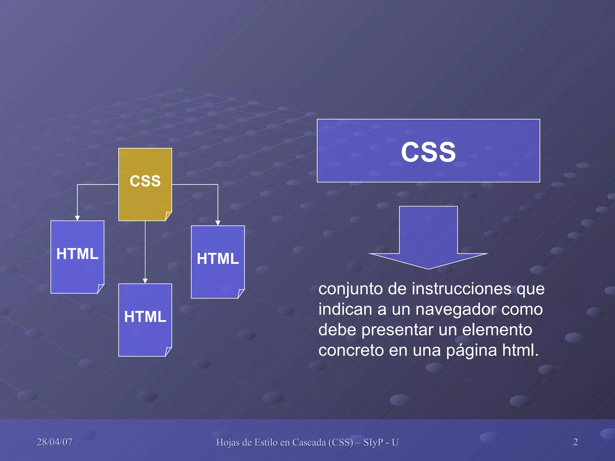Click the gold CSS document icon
point(145,184)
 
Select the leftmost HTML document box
point(77,257)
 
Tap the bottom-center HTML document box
point(145,320)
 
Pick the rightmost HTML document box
point(218,262)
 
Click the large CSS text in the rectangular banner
point(428,152)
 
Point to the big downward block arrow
point(428,237)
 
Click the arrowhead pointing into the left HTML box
point(77,218)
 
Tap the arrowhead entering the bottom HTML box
point(145,281)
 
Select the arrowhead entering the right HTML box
point(218,223)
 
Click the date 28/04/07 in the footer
point(55,442)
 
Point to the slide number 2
point(575,442)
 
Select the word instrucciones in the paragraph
point(461,289)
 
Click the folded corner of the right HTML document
point(241,293)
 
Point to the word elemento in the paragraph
point(497,330)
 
